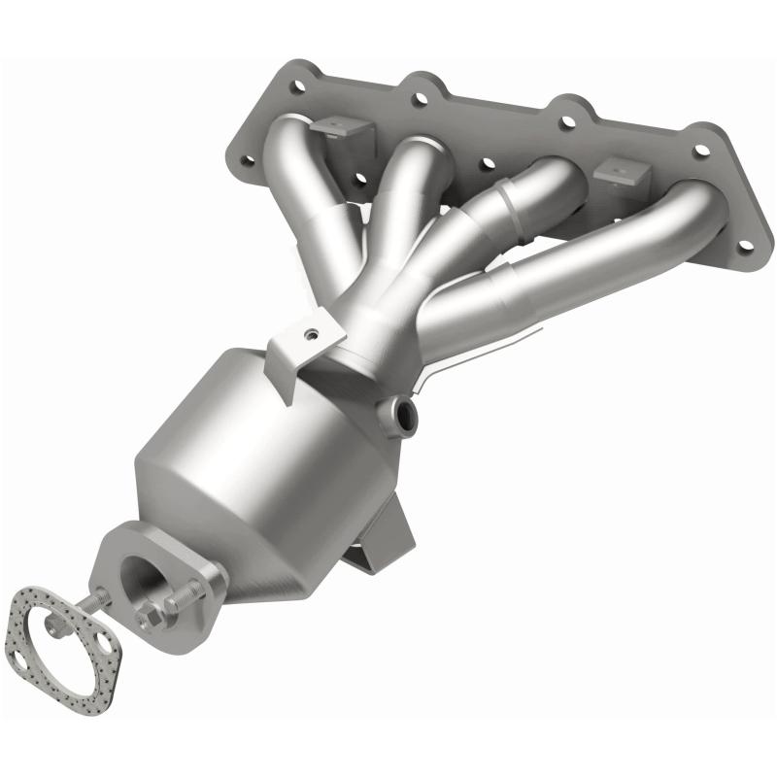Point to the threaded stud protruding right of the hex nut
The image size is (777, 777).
[185, 596]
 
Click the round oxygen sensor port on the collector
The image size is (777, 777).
[403, 416]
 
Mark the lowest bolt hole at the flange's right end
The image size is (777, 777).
[745, 246]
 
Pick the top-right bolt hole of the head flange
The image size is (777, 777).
[701, 151]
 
